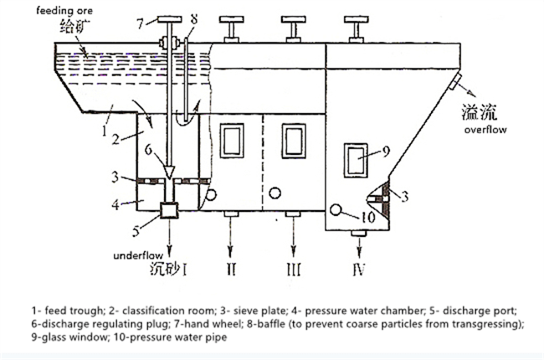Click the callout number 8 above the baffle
coord(193,18)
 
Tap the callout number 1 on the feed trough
coord(104,131)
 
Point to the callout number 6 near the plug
coord(149,152)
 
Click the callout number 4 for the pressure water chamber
coord(113,202)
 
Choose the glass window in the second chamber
coord(229,139)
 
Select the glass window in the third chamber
coord(293,139)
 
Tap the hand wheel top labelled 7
coord(170,18)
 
